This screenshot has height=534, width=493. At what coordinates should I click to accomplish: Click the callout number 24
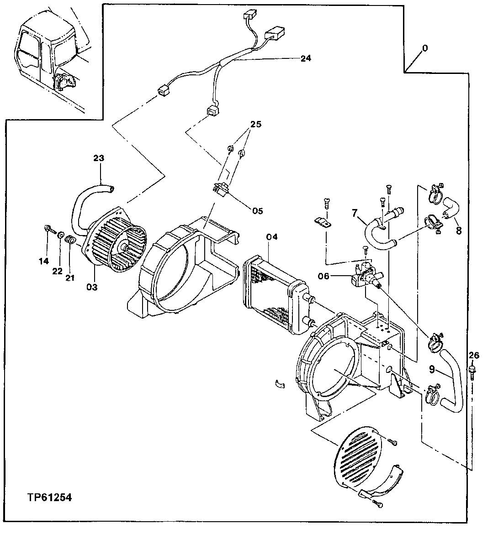(305, 58)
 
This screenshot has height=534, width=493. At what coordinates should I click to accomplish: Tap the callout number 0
(425, 48)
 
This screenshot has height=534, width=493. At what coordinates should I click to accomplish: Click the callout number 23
(99, 158)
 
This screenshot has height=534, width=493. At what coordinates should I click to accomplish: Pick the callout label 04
(272, 236)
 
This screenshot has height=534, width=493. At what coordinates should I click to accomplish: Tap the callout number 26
(474, 355)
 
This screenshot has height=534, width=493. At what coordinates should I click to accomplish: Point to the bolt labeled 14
(48, 229)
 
